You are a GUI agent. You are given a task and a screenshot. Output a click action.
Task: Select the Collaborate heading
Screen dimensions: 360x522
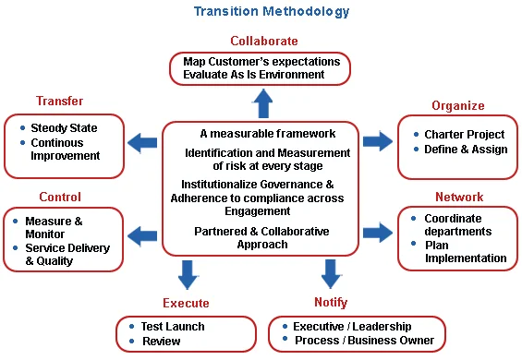coord(263,41)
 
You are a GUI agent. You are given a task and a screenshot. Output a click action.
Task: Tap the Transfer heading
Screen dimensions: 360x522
coord(60,101)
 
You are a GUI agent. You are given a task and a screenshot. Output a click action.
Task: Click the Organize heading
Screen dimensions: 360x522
coord(457,105)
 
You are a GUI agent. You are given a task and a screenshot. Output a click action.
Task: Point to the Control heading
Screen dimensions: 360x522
coord(60,197)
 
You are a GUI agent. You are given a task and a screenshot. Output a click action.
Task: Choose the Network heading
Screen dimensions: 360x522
coord(459,197)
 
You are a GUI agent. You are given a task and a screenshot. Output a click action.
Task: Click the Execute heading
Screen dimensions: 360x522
coord(185,303)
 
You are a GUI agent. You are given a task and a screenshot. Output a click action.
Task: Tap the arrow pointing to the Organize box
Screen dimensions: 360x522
coord(377,141)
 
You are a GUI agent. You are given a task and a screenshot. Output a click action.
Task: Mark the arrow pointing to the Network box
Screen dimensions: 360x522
coord(377,232)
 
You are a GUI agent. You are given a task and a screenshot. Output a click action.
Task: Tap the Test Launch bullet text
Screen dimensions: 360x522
coord(173,326)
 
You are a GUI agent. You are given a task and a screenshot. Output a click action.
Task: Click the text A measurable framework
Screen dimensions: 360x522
coord(267,134)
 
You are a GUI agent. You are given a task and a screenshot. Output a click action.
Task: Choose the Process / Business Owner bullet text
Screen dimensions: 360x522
coord(364,341)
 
